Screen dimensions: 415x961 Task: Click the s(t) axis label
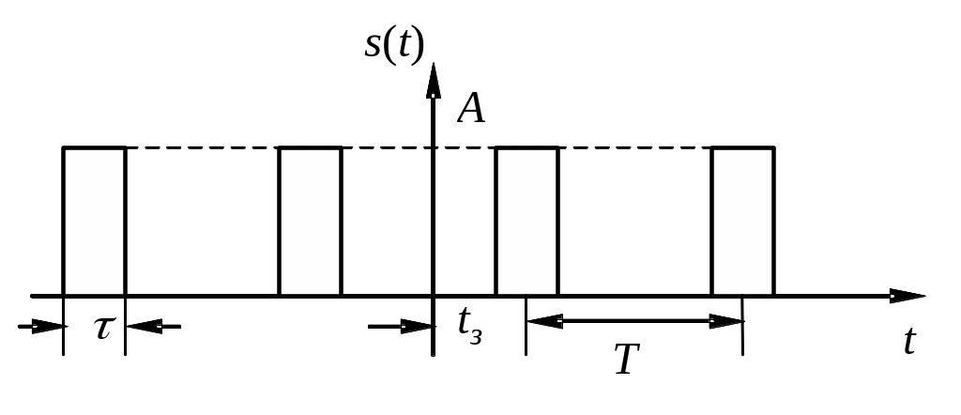click(394, 45)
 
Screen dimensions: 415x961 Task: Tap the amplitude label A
click(471, 110)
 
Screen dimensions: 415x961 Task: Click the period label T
click(627, 359)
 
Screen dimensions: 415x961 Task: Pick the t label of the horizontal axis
click(908, 341)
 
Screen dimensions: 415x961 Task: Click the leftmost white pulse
click(94, 222)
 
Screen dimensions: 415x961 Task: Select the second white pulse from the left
click(310, 222)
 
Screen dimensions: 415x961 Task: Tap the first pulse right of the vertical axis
click(526, 222)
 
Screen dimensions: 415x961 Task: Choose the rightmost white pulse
click(742, 222)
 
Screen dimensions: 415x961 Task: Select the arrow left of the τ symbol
click(41, 327)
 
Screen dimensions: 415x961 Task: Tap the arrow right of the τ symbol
click(150, 327)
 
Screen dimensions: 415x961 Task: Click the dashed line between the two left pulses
click(202, 148)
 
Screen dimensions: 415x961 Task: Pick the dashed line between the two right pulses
click(634, 148)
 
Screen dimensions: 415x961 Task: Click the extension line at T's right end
click(743, 338)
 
